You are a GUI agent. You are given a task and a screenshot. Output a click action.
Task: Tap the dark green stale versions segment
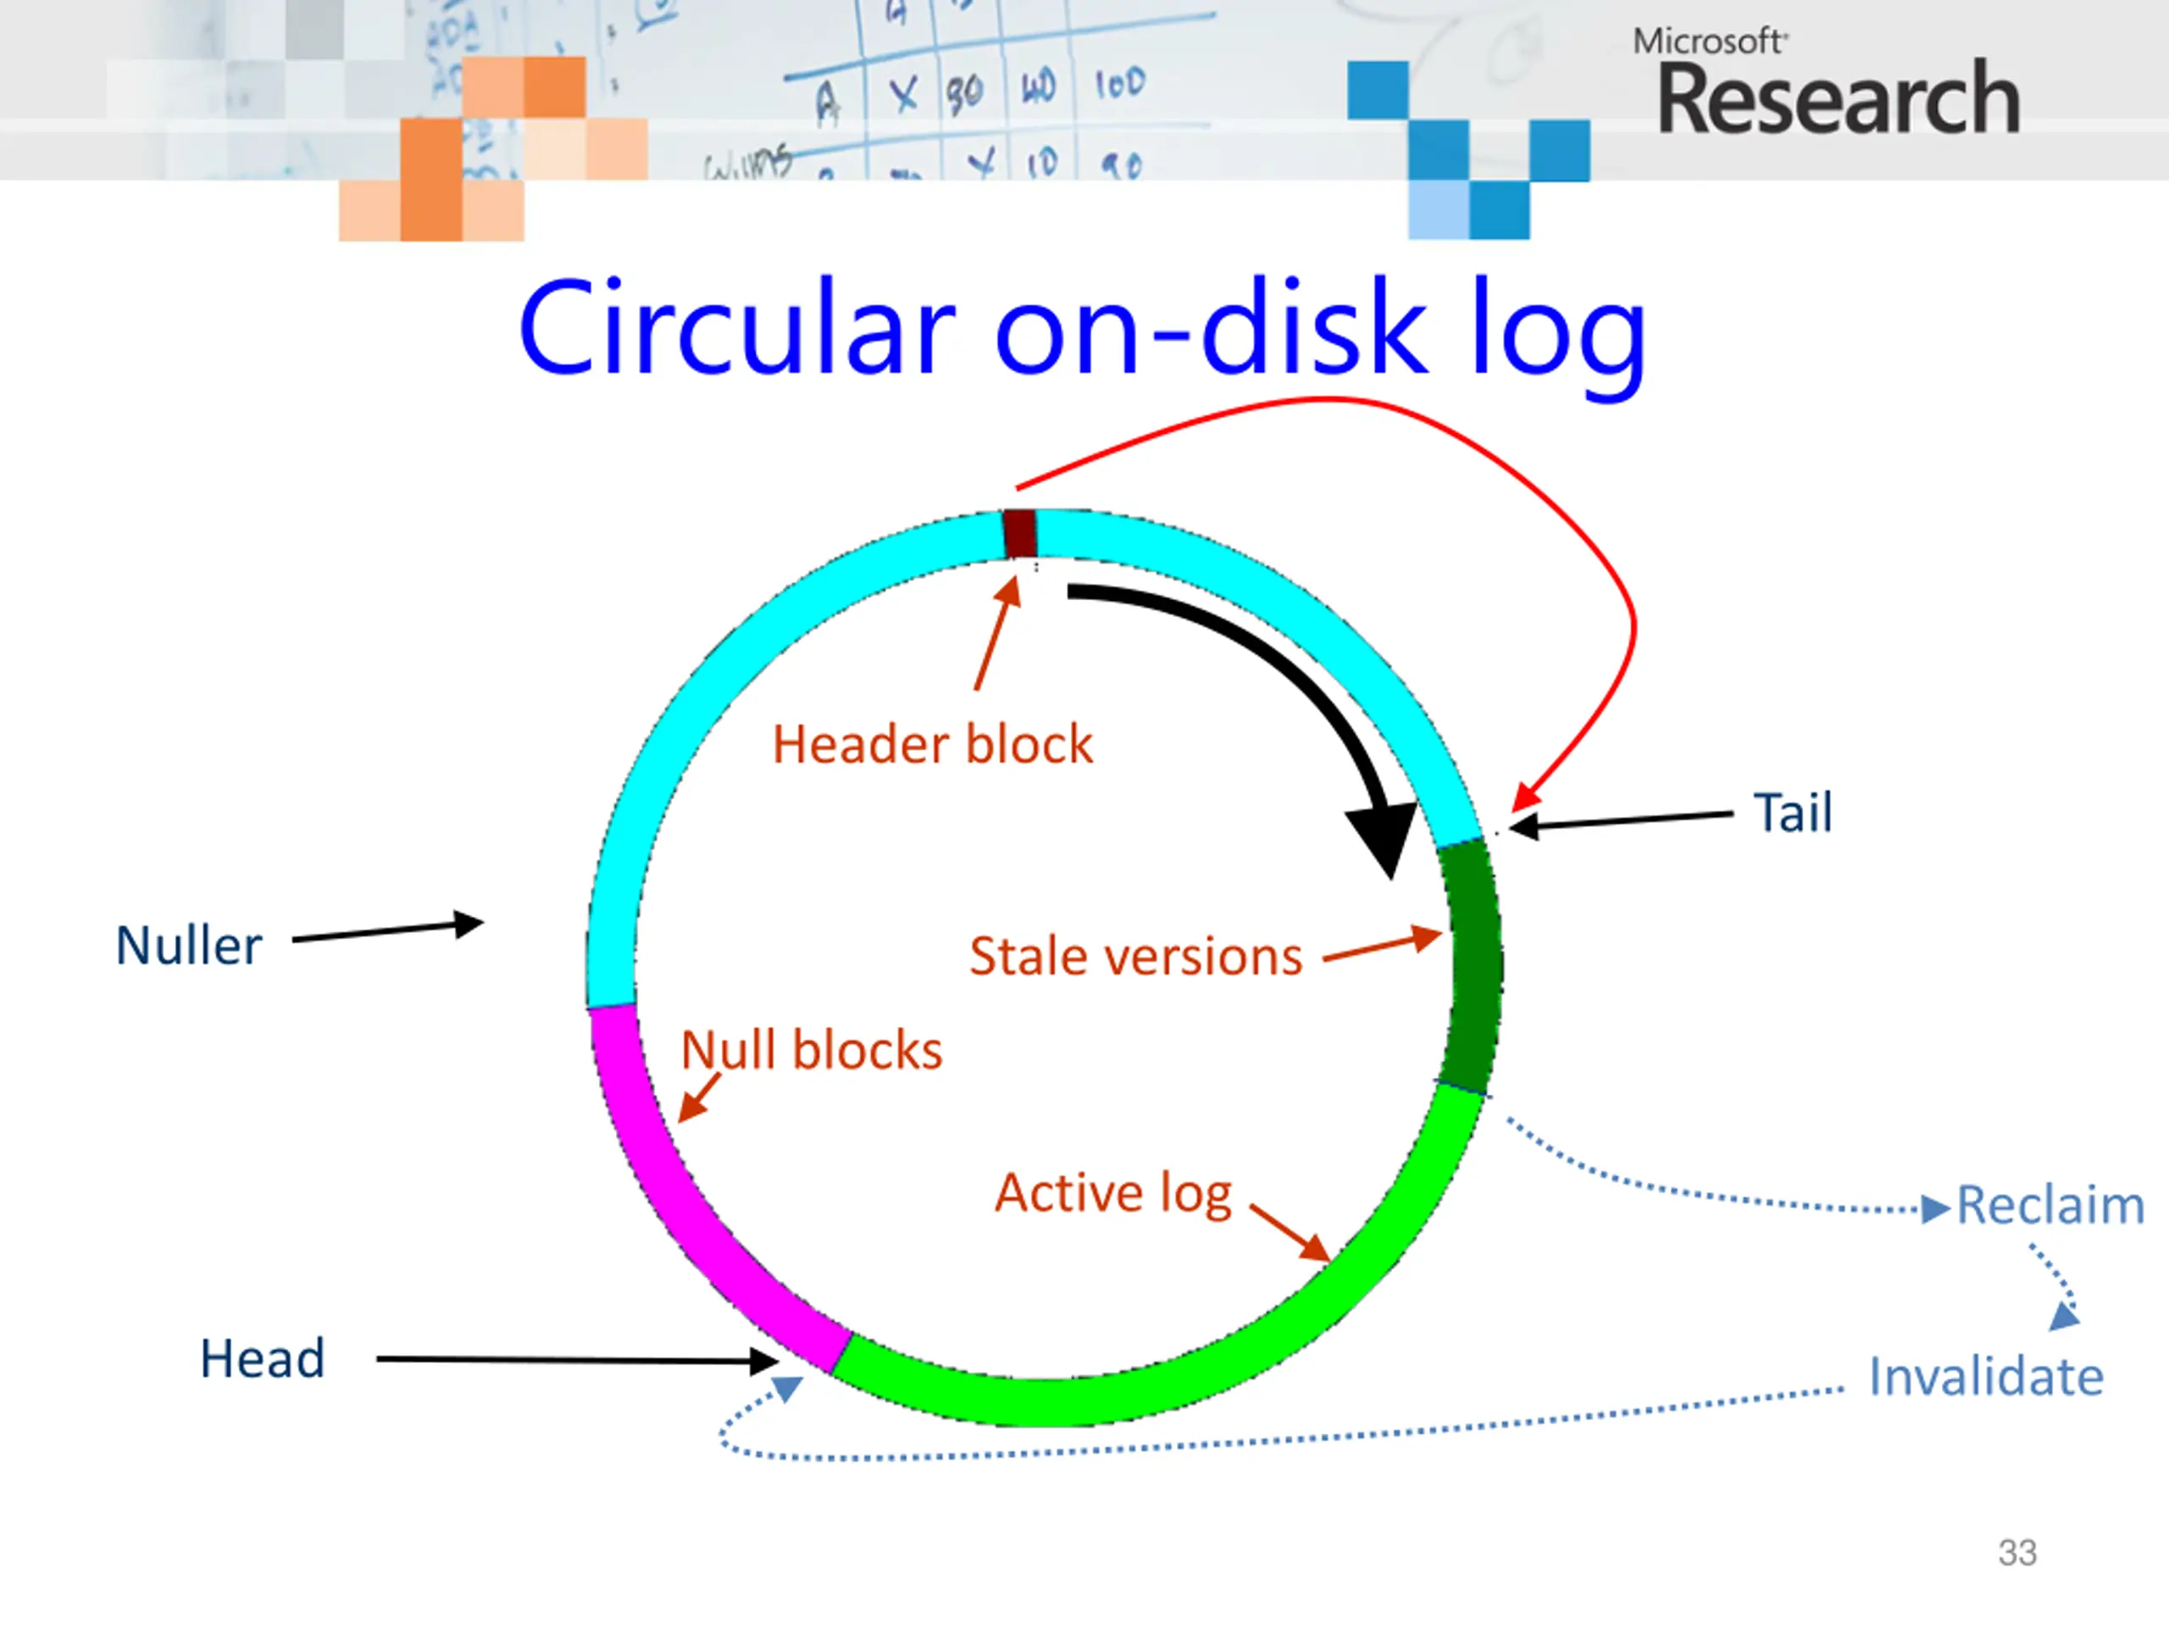tap(1471, 966)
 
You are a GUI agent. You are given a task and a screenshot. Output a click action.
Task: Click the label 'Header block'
tap(933, 744)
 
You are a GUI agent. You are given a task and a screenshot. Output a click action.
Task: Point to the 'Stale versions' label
tap(1135, 956)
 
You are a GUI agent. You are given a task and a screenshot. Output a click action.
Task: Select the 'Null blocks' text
tap(812, 1050)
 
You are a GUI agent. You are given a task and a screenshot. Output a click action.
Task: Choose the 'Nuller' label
tap(189, 947)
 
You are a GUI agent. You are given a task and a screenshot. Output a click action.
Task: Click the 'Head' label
tap(262, 1359)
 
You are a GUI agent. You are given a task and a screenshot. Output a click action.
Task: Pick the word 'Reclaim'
tap(2050, 1205)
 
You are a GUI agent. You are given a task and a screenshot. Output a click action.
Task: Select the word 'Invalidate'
tap(1986, 1377)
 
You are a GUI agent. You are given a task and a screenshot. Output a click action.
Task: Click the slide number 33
tap(2017, 1553)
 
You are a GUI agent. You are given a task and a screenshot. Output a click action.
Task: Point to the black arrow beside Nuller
tap(388, 930)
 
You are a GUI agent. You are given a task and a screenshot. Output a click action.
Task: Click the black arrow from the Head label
tap(578, 1360)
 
